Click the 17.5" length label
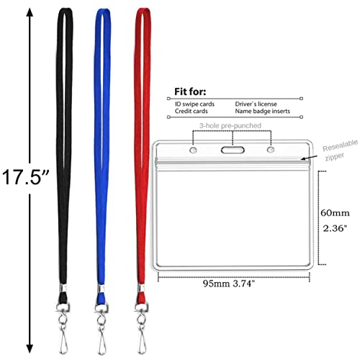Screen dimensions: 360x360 click(x=26, y=177)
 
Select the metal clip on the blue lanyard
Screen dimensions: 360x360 click(x=102, y=328)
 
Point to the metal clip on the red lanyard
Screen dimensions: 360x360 click(x=142, y=328)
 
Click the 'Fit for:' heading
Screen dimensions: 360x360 click(x=190, y=91)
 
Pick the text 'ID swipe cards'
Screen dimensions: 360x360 click(x=194, y=104)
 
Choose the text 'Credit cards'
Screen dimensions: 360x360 click(x=191, y=111)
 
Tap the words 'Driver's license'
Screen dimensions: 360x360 click(x=256, y=104)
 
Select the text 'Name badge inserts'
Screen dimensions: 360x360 click(x=263, y=111)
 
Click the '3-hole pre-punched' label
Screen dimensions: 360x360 click(x=230, y=125)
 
